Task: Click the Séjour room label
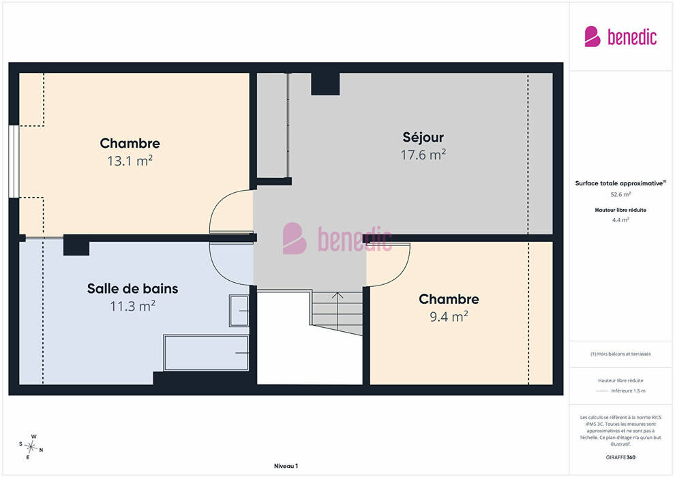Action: click(x=423, y=137)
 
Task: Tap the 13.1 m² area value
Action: click(x=130, y=161)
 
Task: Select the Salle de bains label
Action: click(x=132, y=288)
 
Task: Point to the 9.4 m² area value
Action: click(x=449, y=317)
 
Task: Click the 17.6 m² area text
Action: click(x=423, y=155)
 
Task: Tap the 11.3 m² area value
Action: click(x=132, y=306)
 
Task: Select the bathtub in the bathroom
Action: click(x=206, y=353)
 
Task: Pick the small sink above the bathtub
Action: click(x=239, y=311)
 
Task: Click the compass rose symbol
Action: click(x=31, y=447)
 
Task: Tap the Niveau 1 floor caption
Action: click(x=286, y=466)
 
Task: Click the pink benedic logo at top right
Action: click(x=620, y=37)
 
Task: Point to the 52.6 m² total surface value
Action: click(x=620, y=194)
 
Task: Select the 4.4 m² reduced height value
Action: click(x=620, y=220)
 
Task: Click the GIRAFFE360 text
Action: click(x=620, y=457)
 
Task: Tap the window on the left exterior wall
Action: click(x=14, y=161)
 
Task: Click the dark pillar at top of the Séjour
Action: click(x=325, y=83)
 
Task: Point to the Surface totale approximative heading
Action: click(x=620, y=183)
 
